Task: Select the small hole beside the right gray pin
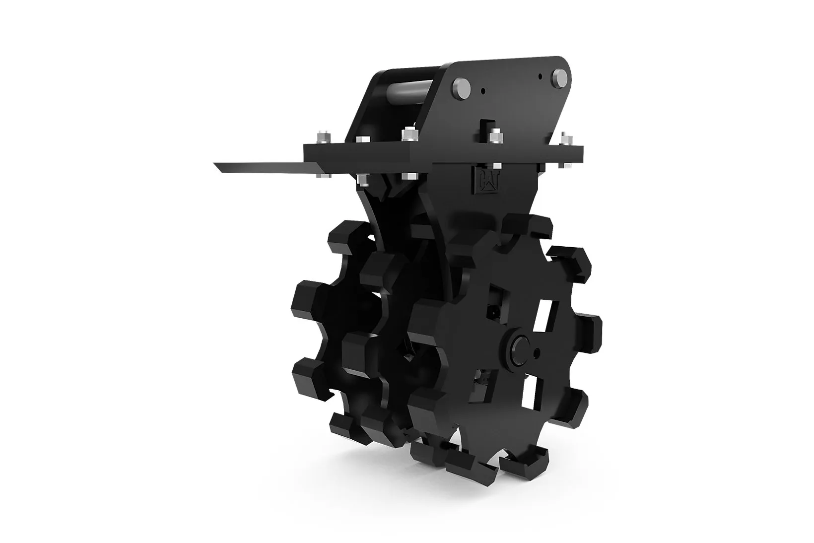coord(541,77)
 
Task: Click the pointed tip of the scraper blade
coord(214,164)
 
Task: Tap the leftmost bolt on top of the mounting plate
coord(324,137)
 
